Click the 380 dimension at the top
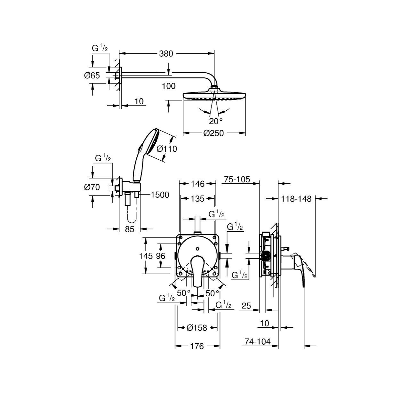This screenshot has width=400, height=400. click(x=166, y=54)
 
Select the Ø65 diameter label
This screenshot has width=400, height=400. click(x=92, y=75)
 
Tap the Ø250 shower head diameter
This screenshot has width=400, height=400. click(x=213, y=133)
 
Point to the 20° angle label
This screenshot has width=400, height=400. click(x=216, y=121)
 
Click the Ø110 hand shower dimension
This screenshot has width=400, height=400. click(x=167, y=148)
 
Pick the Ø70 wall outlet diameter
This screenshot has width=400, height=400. click(x=92, y=187)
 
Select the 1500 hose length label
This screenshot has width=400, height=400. click(x=160, y=195)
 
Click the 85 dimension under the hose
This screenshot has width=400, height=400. click(x=130, y=229)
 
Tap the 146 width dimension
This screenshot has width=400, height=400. click(x=198, y=184)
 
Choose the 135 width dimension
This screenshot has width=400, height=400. click(x=198, y=199)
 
